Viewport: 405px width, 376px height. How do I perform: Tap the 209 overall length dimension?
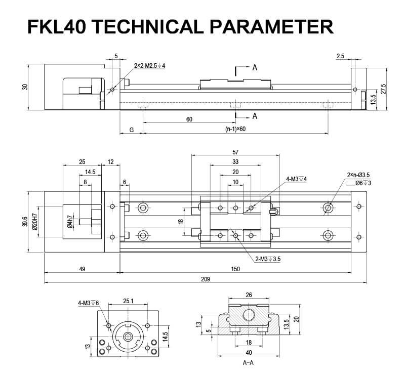pos(205,279)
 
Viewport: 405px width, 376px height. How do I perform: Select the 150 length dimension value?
pos(235,269)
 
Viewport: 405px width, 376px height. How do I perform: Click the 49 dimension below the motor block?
pos(82,269)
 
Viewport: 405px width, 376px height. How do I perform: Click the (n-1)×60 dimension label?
pos(235,130)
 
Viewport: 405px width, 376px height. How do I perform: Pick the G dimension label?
pos(132,130)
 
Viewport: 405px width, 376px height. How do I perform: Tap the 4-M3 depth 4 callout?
pos(297,179)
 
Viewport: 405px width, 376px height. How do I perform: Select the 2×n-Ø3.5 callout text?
pos(358,175)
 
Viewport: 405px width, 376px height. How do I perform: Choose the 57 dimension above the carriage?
pos(235,152)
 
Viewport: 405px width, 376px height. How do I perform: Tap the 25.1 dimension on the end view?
pos(128,301)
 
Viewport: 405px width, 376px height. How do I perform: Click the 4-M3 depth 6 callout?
pos(89,303)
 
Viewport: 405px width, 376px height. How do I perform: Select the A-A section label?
pos(248,363)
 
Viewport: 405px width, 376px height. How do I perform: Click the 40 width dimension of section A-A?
pos(249,352)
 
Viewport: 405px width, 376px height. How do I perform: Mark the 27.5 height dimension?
pos(383,88)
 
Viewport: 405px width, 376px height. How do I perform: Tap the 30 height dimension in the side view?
pos(25,87)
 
